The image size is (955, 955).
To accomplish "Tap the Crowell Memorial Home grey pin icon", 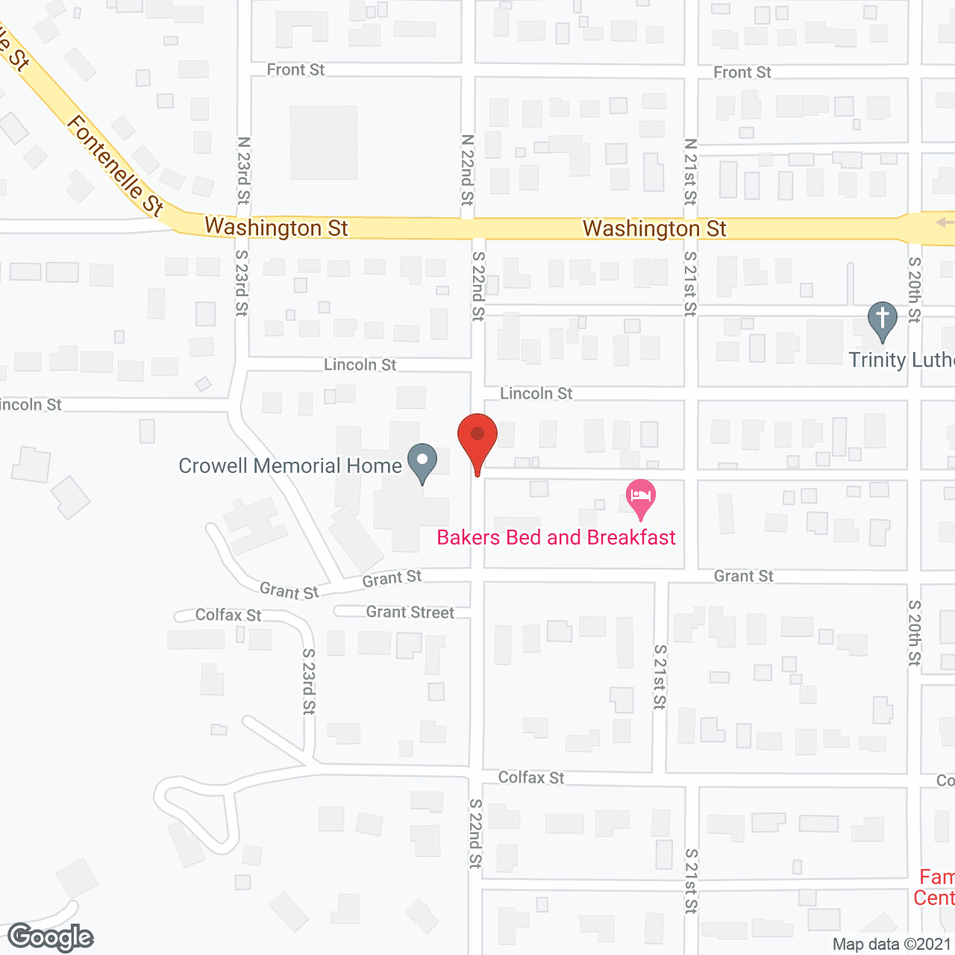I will pyautogui.click(x=422, y=462).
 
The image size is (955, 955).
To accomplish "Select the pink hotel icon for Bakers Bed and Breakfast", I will pyautogui.click(x=641, y=497).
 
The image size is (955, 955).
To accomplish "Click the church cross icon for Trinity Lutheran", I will pyautogui.click(x=882, y=319).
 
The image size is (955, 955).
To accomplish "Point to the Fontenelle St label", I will pyautogui.click(x=116, y=166).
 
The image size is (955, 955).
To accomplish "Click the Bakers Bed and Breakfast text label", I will pyautogui.click(x=556, y=537).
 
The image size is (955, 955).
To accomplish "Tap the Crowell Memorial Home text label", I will pyautogui.click(x=290, y=466).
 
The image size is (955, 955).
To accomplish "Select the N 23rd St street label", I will pyautogui.click(x=243, y=170).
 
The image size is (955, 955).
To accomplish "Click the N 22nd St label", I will pyautogui.click(x=467, y=170).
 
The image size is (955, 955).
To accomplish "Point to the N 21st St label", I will pyautogui.click(x=690, y=172).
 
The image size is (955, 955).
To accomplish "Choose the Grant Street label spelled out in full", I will pyautogui.click(x=410, y=613).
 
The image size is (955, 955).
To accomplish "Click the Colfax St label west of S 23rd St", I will pyautogui.click(x=228, y=615).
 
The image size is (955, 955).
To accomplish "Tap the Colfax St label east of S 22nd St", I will pyautogui.click(x=531, y=777).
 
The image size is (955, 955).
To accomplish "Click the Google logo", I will pyautogui.click(x=51, y=937).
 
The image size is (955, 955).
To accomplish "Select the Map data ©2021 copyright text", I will pyautogui.click(x=892, y=945).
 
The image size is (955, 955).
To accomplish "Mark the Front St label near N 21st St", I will pyautogui.click(x=742, y=72).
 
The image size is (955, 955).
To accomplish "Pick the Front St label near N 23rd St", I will pyautogui.click(x=295, y=70).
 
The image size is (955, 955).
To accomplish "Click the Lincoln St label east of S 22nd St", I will pyautogui.click(x=536, y=393).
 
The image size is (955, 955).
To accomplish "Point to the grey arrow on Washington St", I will pyautogui.click(x=945, y=222).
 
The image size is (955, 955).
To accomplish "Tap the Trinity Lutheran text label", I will pyautogui.click(x=901, y=360).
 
